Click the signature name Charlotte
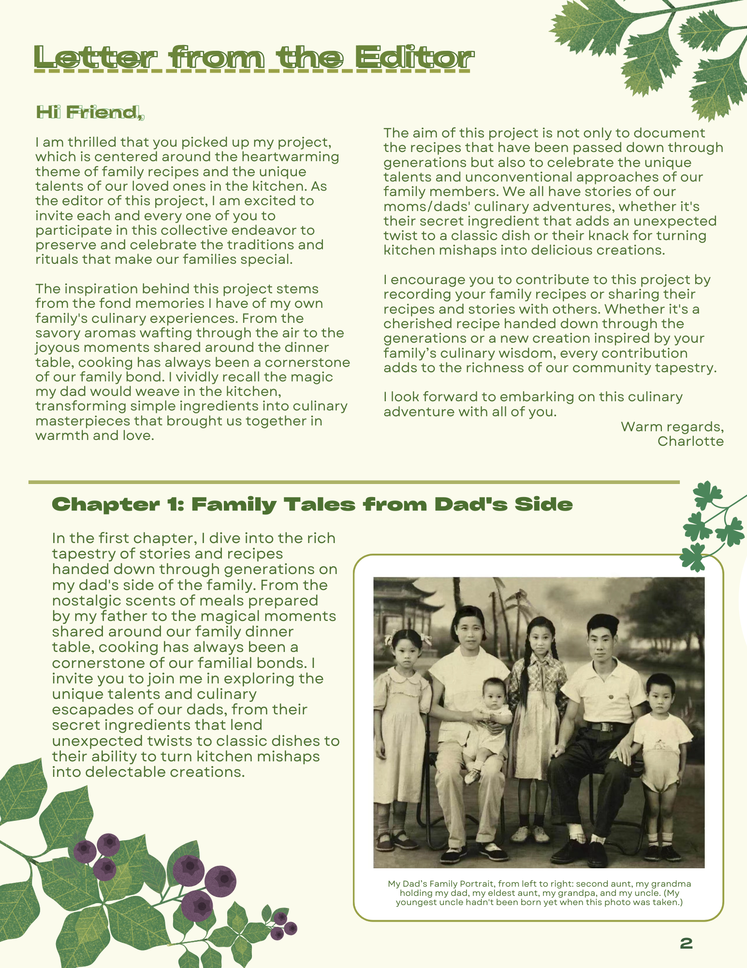point(690,441)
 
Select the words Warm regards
point(672,427)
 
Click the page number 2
point(686,943)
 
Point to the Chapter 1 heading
point(312,504)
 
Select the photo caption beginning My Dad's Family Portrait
point(539,893)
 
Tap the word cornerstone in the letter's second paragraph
point(308,363)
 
